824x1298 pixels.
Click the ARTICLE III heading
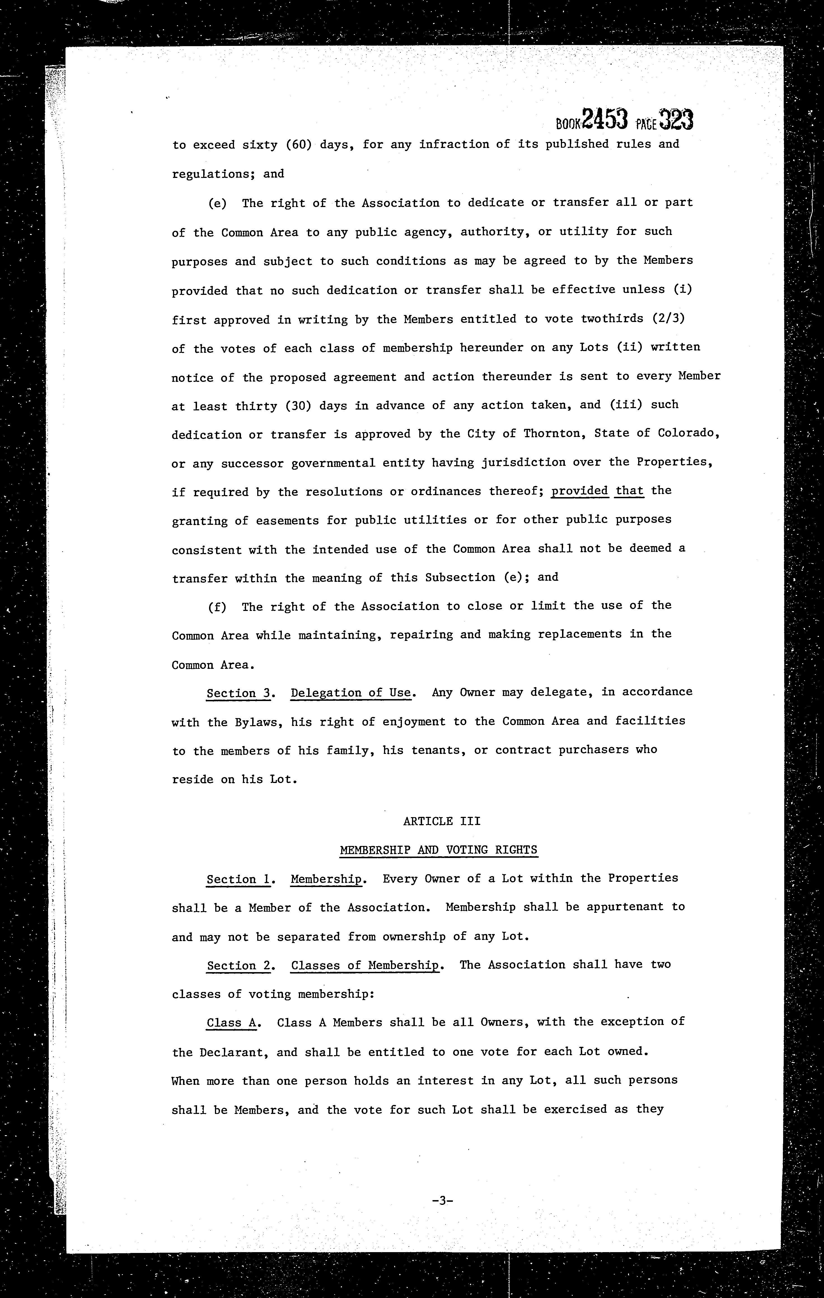[x=442, y=821]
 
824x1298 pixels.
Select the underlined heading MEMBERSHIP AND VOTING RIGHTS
[x=438, y=850]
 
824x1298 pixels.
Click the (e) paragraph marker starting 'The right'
[x=217, y=203]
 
